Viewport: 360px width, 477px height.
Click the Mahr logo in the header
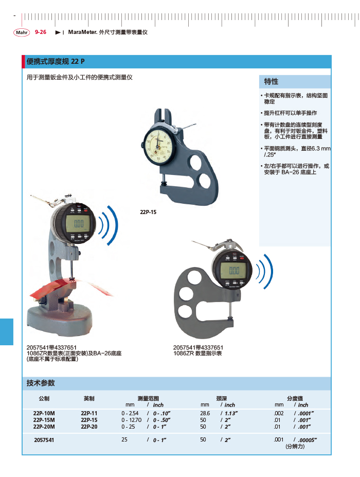tap(22, 32)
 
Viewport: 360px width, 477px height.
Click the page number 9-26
tap(41, 32)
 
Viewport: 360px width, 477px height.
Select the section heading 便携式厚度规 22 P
tap(56, 62)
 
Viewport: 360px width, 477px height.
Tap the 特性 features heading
tap(271, 81)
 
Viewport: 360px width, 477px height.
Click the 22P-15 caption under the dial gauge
tap(148, 212)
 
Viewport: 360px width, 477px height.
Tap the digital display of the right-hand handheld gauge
tap(235, 271)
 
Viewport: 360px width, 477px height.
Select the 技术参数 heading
tap(41, 383)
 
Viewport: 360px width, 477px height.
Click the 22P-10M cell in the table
tap(44, 413)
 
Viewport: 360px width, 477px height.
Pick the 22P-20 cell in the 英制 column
tap(89, 427)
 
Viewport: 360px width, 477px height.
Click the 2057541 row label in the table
tap(44, 440)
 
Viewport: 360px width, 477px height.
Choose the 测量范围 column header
tap(148, 398)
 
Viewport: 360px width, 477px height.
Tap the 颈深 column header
tap(221, 398)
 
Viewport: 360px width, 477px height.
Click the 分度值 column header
tap(295, 398)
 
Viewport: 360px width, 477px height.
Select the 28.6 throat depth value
tap(205, 413)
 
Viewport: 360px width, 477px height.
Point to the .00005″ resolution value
tap(308, 440)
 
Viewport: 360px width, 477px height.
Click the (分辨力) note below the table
tap(295, 447)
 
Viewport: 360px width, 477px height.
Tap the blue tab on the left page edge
tap(6, 331)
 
